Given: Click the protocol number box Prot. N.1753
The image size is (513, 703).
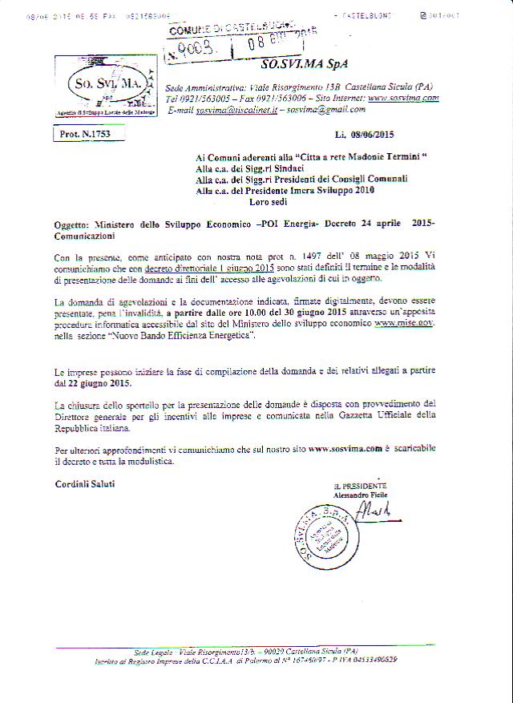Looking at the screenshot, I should click(x=85, y=135).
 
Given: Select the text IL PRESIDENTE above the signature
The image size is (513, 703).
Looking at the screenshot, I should click(x=360, y=486).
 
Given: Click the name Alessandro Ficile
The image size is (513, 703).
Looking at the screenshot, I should click(x=360, y=495).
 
